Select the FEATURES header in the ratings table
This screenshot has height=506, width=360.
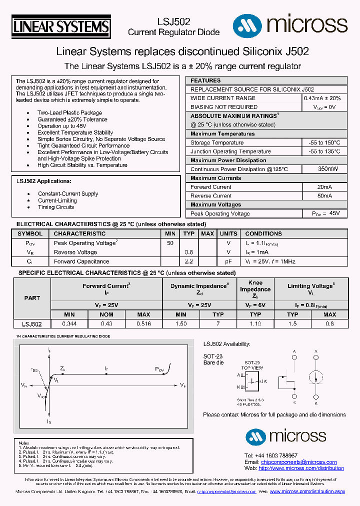(205, 80)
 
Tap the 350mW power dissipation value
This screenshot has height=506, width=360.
(324, 169)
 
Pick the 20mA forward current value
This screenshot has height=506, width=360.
(324, 187)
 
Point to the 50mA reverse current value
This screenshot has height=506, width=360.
(324, 196)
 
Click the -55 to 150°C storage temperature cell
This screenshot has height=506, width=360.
(324, 142)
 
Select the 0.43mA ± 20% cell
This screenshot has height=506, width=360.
(322, 98)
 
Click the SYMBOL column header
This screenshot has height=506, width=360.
(30, 233)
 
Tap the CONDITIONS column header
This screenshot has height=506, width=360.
(263, 233)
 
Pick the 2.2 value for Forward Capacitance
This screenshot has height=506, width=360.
(188, 261)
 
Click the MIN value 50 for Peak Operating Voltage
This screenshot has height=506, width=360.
(170, 242)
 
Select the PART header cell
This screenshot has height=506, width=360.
(32, 298)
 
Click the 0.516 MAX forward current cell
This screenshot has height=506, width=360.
(143, 324)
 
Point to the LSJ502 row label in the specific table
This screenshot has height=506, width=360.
(32, 324)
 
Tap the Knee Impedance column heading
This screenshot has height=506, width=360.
(255, 289)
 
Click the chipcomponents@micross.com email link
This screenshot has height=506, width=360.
(298, 462)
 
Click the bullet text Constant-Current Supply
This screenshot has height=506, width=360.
(68, 193)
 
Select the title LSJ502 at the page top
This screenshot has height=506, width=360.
(173, 22)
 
